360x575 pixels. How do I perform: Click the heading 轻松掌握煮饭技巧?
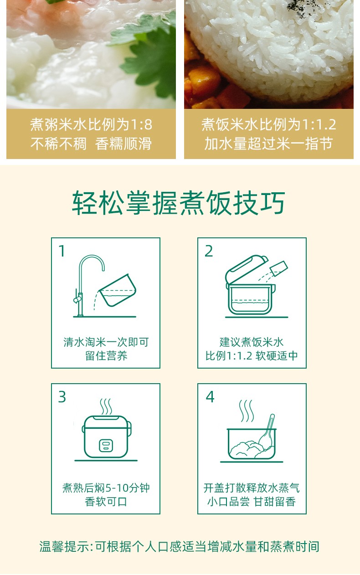click(179, 203)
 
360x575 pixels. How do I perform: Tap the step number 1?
click(62, 251)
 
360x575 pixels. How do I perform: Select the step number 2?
click(209, 251)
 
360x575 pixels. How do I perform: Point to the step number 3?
click(62, 397)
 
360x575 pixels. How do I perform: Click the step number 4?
click(210, 397)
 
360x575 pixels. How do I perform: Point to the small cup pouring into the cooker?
click(279, 268)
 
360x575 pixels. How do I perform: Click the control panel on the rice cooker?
click(106, 445)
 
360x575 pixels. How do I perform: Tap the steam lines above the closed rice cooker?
click(106, 406)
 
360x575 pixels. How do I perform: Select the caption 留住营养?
click(106, 356)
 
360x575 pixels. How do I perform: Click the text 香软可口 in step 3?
click(106, 502)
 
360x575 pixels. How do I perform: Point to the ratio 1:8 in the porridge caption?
click(141, 124)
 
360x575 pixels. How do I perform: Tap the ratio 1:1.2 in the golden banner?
click(319, 124)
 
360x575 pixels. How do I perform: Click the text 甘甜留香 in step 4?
click(274, 502)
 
